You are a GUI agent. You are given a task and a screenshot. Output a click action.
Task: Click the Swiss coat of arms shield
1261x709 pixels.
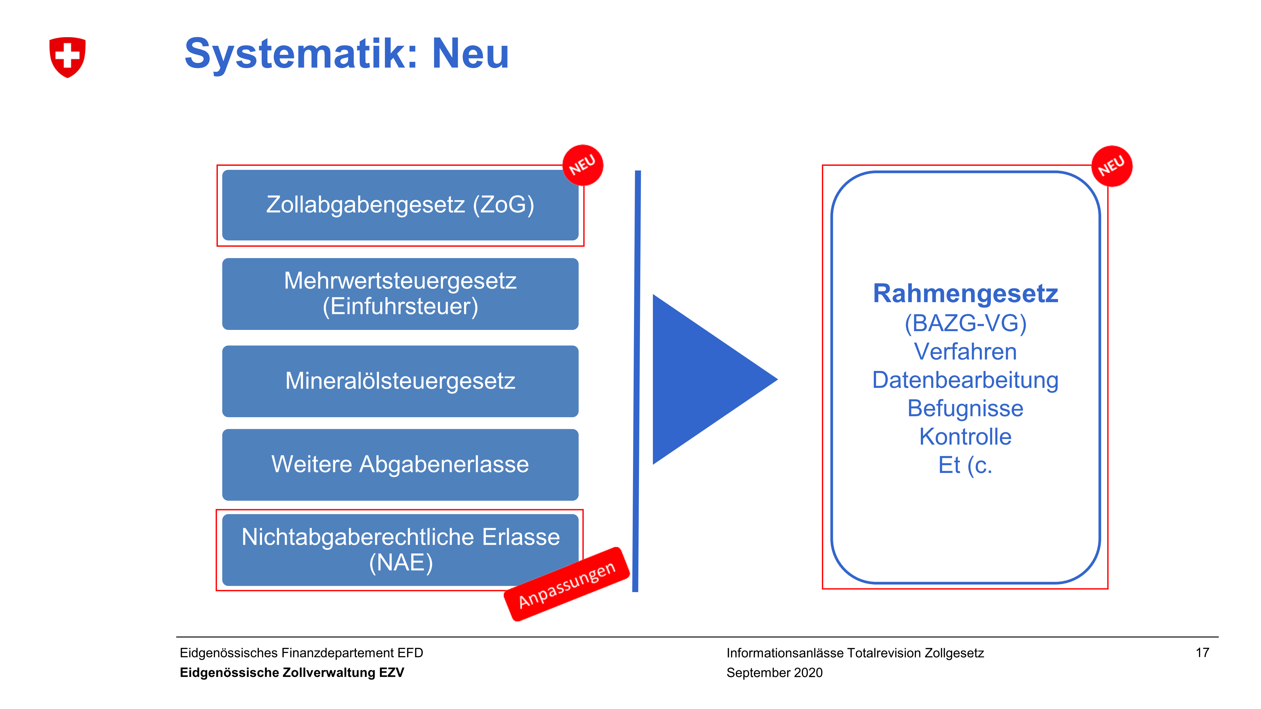tap(67, 57)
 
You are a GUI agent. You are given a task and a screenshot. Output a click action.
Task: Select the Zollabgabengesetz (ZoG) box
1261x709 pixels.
tap(400, 205)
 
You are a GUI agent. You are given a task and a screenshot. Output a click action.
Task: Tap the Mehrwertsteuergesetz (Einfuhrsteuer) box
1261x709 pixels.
tap(400, 294)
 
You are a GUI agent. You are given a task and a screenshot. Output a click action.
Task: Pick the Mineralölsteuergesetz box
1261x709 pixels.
tap(400, 381)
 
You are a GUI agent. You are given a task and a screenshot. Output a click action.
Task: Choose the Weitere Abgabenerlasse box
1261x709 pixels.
tap(400, 464)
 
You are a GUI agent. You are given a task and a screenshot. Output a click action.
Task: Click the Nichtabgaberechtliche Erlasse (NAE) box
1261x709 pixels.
tap(400, 550)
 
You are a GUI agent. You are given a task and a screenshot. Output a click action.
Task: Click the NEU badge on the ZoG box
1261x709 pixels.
tap(583, 165)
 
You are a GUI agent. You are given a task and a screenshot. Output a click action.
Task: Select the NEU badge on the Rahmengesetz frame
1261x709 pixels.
tap(1112, 166)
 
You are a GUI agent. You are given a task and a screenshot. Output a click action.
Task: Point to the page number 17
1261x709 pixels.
tap(1202, 652)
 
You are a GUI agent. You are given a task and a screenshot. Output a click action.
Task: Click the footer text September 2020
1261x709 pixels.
tap(775, 673)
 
